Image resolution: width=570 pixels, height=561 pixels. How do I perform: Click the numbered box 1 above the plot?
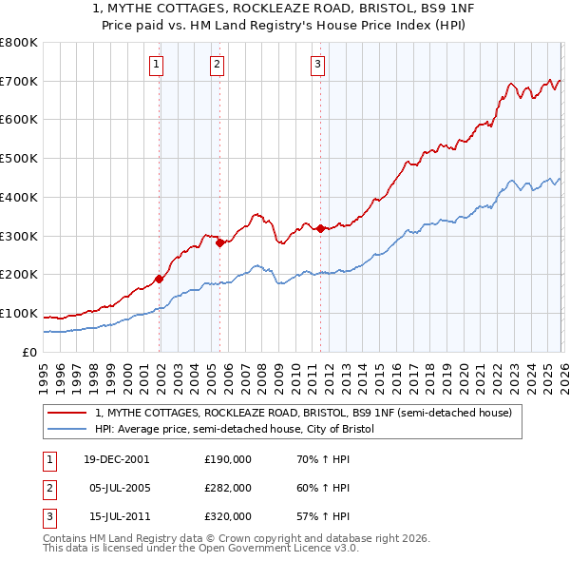point(156,65)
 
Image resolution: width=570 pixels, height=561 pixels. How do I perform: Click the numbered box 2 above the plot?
point(217,65)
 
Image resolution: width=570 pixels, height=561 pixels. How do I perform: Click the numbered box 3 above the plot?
point(317,65)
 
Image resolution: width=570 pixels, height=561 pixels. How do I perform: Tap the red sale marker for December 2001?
point(159,279)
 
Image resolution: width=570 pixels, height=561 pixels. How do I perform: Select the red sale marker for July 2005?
point(219,242)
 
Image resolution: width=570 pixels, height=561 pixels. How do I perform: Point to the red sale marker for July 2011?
point(320,228)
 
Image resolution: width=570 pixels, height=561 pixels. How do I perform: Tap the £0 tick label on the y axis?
point(28,353)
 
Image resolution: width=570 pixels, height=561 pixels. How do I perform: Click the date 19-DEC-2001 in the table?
point(117,459)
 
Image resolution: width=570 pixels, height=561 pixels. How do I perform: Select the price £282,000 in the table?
point(228,488)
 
